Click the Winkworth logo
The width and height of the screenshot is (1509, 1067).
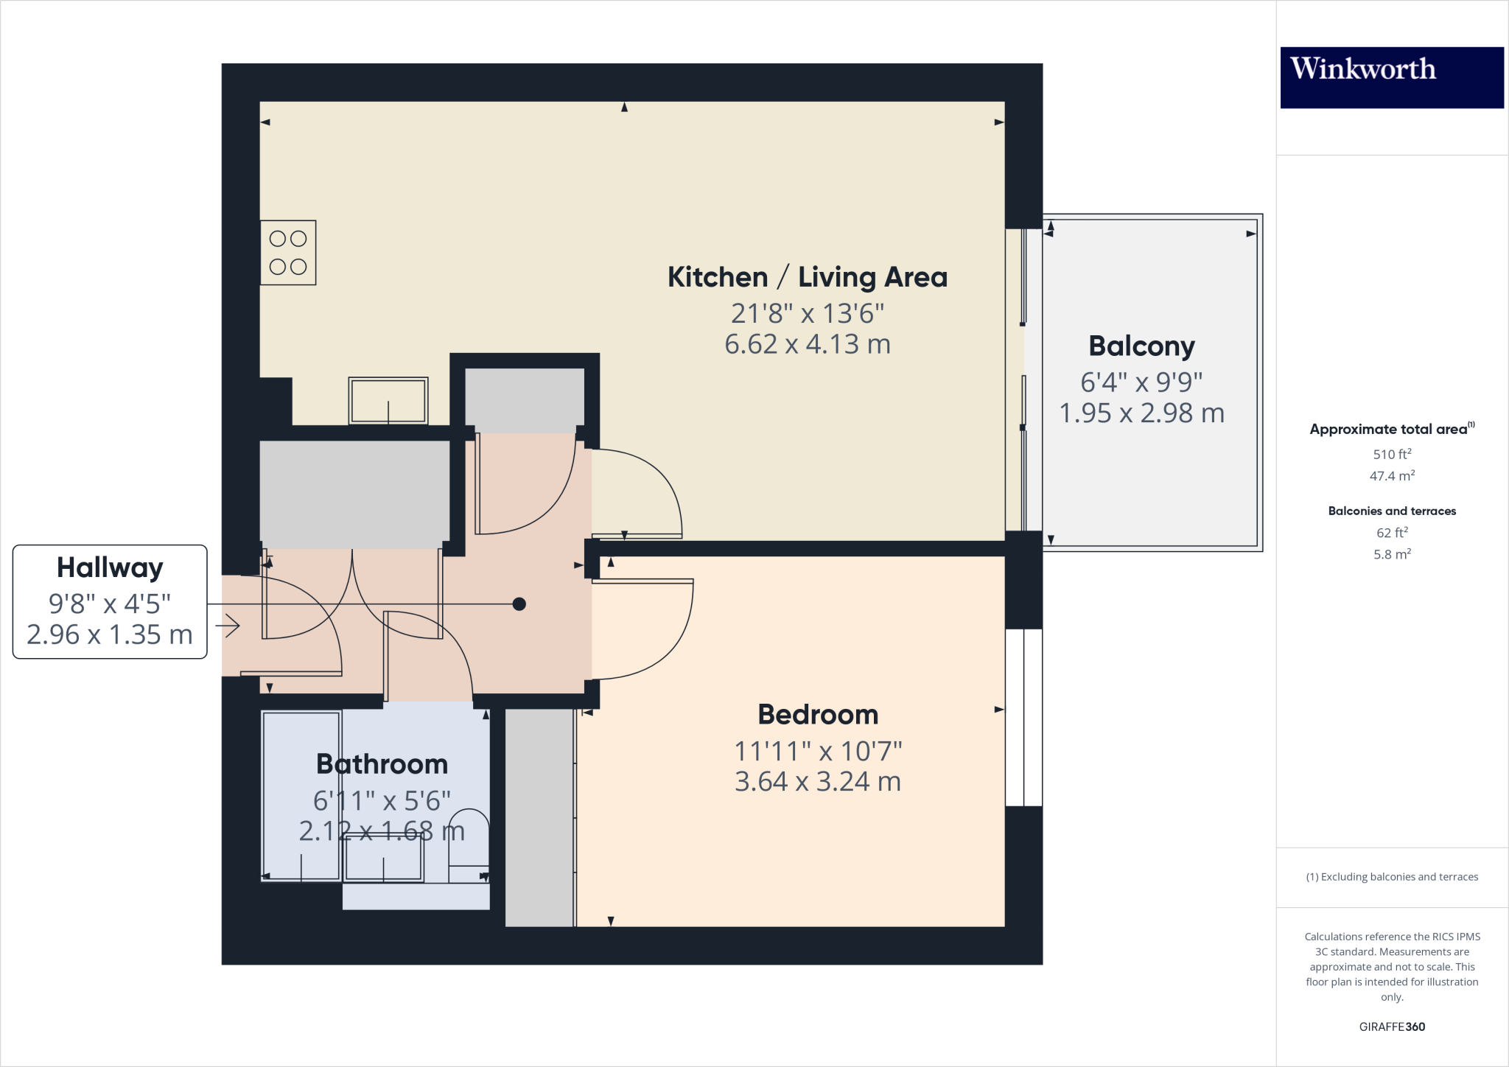point(1391,77)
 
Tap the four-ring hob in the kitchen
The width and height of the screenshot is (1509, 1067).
point(288,253)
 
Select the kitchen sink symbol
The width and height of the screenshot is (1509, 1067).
point(388,401)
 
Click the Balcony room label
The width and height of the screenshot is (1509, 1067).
point(1141,346)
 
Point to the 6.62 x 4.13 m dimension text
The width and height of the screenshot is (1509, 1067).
point(808,344)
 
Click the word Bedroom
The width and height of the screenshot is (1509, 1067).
point(818,715)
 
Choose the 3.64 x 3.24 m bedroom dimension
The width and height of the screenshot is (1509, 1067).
point(818,782)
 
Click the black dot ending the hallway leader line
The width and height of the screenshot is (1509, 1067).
point(519,604)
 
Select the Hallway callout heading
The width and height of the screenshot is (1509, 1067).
point(110,567)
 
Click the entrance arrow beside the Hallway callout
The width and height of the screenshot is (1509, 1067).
point(228,626)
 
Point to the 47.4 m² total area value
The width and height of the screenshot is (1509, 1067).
point(1391,476)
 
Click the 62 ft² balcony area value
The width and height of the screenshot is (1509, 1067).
point(1391,533)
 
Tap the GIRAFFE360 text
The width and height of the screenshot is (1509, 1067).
point(1391,1026)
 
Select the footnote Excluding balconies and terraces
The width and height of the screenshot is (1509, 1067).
point(1391,877)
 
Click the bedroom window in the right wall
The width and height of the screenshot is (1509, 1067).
point(1023,717)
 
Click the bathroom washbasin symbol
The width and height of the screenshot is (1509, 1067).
point(384,858)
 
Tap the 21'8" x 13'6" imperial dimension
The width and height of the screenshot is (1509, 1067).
point(808,314)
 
